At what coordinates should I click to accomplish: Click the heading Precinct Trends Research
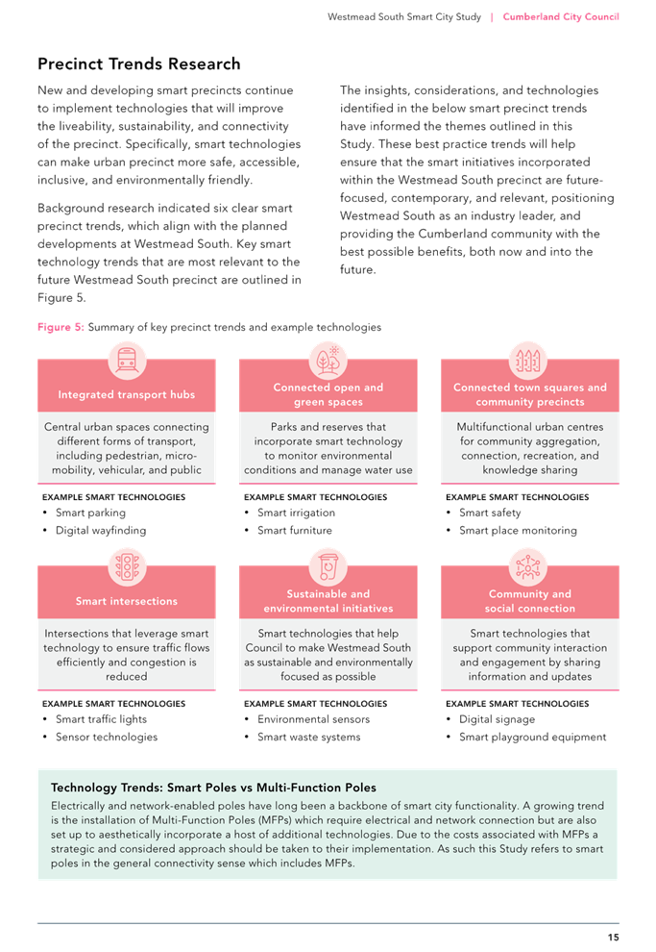click(x=139, y=63)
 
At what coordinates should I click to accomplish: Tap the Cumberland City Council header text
click(x=561, y=17)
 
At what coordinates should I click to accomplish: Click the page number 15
click(x=613, y=937)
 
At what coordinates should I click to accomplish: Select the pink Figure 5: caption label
click(x=61, y=327)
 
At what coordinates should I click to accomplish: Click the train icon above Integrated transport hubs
click(x=127, y=360)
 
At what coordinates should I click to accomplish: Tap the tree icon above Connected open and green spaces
click(x=328, y=360)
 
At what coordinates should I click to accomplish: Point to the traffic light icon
click(x=127, y=566)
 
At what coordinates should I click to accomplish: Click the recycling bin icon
click(x=328, y=566)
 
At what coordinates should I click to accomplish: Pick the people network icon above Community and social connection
click(x=528, y=566)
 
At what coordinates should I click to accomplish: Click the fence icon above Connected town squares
click(x=528, y=360)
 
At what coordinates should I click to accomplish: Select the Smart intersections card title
click(x=127, y=601)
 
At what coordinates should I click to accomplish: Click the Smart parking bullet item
click(x=91, y=514)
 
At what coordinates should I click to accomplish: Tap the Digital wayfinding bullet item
click(x=101, y=531)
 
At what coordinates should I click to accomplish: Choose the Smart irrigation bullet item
click(x=296, y=514)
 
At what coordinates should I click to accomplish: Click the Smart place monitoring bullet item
click(x=518, y=531)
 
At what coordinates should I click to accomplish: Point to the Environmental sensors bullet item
click(x=313, y=719)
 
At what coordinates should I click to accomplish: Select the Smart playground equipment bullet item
click(x=532, y=737)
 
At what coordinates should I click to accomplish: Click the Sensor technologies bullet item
click(x=107, y=737)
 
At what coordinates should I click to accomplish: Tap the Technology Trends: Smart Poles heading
click(x=213, y=788)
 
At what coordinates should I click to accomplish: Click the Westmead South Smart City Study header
click(x=404, y=17)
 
